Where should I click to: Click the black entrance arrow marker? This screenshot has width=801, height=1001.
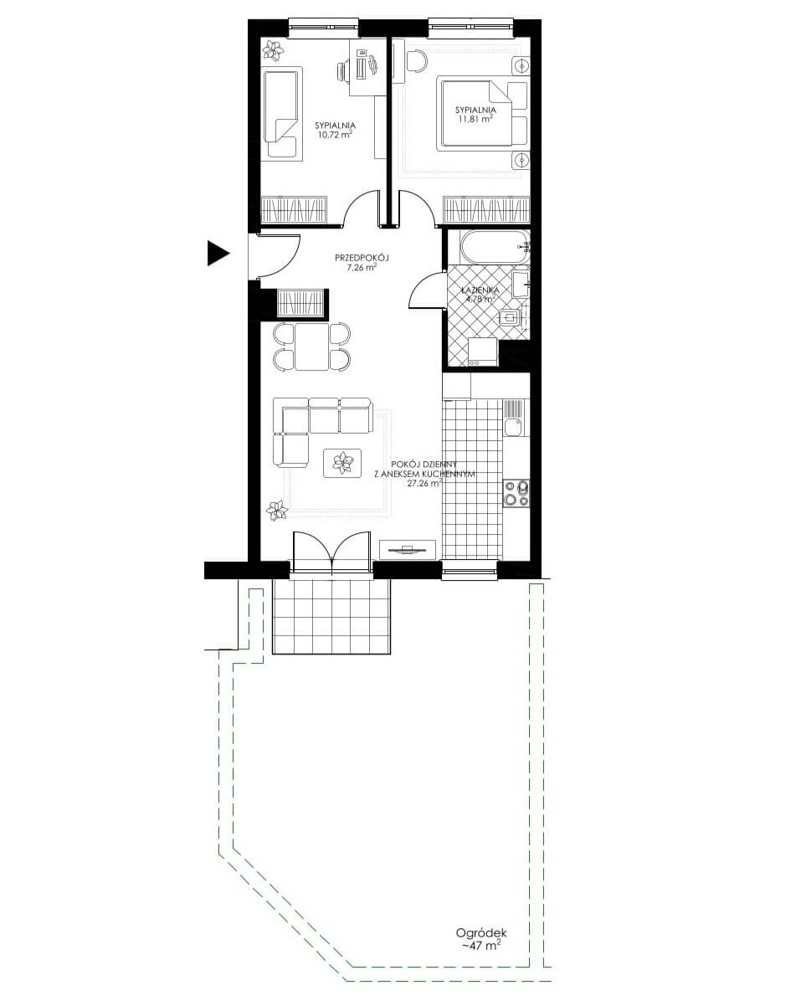[x=218, y=254]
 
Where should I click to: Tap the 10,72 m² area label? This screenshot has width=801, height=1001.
[x=335, y=136]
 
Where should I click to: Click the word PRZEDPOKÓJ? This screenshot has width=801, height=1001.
[x=362, y=258]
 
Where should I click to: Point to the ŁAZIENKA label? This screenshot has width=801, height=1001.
[x=481, y=290]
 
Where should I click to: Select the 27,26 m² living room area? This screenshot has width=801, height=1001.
[x=424, y=483]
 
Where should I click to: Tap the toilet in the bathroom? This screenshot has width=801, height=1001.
[x=511, y=317]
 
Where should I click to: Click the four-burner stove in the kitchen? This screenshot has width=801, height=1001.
[x=516, y=492]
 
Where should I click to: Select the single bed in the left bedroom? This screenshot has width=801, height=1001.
[x=281, y=114]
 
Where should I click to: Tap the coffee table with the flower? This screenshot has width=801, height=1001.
[x=342, y=463]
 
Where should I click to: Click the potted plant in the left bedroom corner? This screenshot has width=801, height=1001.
[x=275, y=50]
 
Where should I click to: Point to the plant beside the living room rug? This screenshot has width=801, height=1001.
[x=278, y=510]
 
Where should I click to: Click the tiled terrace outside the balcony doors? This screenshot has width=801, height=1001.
[x=331, y=616]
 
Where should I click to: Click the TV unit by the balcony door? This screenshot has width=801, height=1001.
[x=408, y=549]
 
